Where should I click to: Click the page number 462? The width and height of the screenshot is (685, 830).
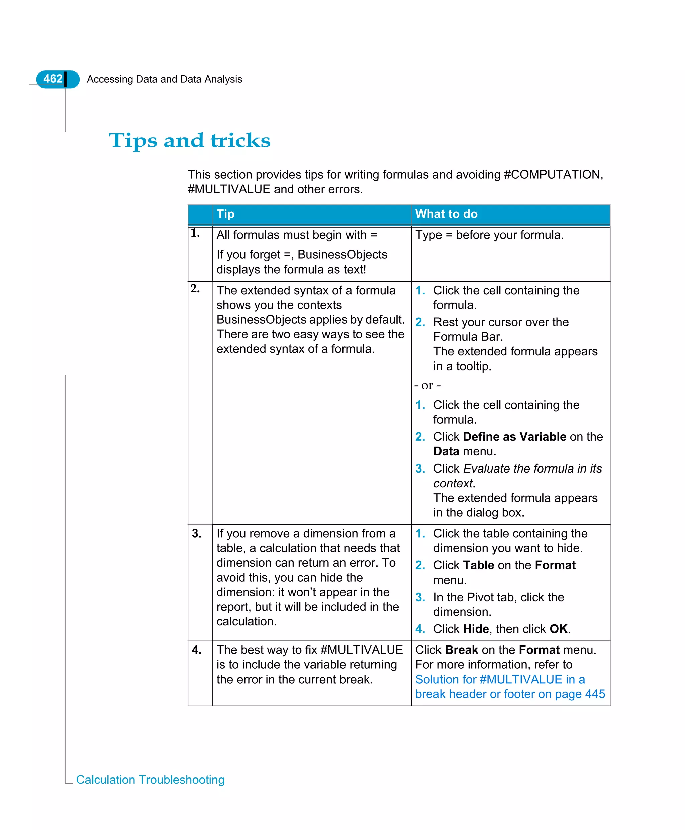pyautogui.click(x=53, y=79)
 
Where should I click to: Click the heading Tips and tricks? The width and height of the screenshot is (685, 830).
pyautogui.click(x=189, y=140)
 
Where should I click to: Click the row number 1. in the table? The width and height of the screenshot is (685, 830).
pyautogui.click(x=195, y=233)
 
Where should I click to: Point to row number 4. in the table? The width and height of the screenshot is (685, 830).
pyautogui.click(x=197, y=650)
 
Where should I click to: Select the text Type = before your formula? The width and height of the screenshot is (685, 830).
pyautogui.click(x=489, y=235)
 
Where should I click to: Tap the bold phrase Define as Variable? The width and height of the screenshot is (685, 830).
pyautogui.click(x=514, y=437)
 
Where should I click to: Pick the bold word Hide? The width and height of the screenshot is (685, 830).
pyautogui.click(x=476, y=629)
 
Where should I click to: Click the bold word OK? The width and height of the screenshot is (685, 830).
pyautogui.click(x=559, y=629)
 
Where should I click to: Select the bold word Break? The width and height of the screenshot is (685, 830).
pyautogui.click(x=461, y=650)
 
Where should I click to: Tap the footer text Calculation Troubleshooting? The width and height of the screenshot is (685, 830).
pyautogui.click(x=150, y=780)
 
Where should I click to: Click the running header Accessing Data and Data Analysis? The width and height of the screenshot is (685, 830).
pyautogui.click(x=164, y=79)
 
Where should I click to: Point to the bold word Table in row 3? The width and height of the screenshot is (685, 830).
pyautogui.click(x=478, y=565)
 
